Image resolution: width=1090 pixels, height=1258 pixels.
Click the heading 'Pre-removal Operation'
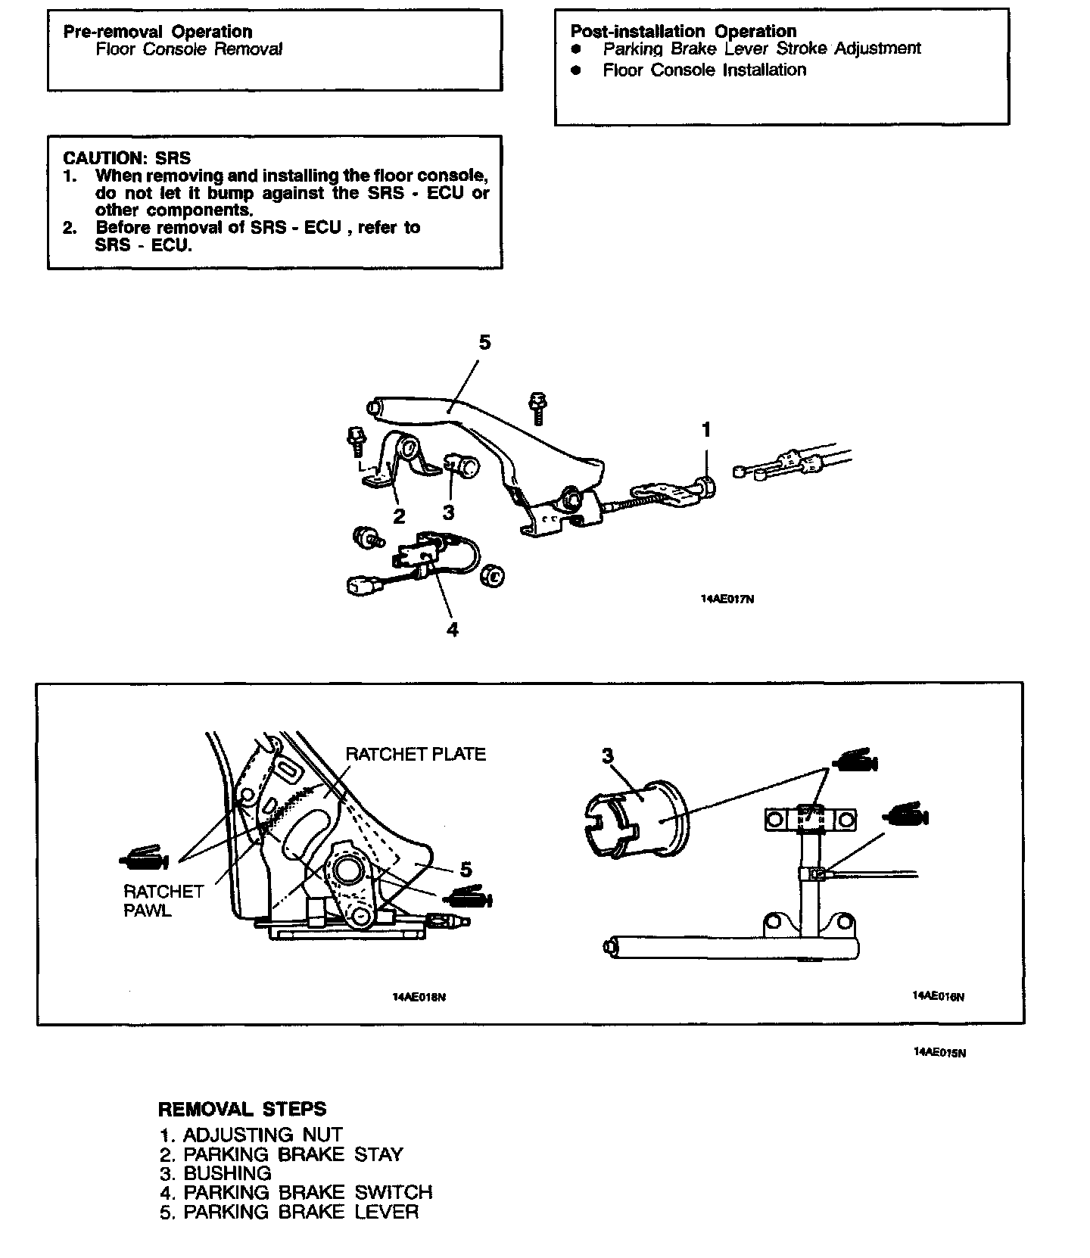(x=157, y=32)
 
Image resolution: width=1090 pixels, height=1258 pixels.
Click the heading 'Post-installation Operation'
(x=683, y=31)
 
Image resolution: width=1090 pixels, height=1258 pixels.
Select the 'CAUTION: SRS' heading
(x=127, y=157)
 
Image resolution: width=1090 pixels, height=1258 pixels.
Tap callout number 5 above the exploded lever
(x=484, y=343)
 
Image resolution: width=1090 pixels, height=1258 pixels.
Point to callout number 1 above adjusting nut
(x=706, y=430)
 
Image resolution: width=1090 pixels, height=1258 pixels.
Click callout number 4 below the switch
(x=453, y=629)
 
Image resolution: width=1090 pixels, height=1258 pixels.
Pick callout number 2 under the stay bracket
(x=399, y=516)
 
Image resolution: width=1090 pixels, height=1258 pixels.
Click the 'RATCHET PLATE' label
(x=416, y=754)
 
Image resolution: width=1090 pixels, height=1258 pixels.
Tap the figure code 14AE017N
(x=727, y=599)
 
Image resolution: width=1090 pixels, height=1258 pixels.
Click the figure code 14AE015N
(x=939, y=1052)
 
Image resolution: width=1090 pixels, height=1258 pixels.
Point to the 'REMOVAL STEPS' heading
(x=242, y=1110)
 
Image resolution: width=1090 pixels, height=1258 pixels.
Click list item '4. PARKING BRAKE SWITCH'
(x=296, y=1192)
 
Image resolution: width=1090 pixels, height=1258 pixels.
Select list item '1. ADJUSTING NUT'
(x=251, y=1135)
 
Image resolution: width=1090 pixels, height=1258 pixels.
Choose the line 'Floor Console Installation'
(x=704, y=70)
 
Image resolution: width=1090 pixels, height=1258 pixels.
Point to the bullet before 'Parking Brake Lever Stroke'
(x=576, y=49)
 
